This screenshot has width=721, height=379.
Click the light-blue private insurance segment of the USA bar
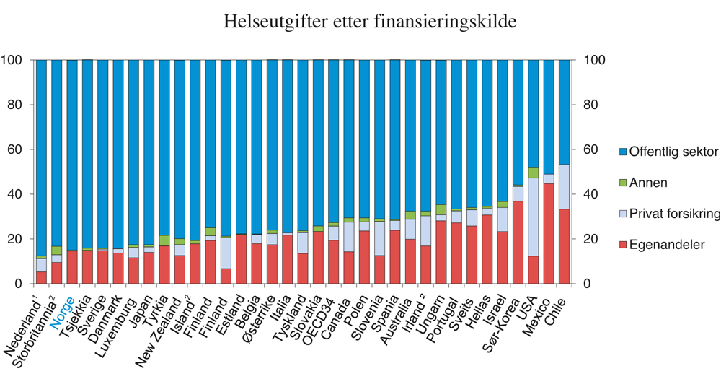[x=534, y=217]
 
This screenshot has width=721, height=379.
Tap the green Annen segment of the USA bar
[x=534, y=173]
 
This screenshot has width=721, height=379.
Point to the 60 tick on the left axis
[x=16, y=149]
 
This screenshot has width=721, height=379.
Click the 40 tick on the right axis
[x=590, y=194]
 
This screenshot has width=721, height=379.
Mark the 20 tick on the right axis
[x=590, y=239]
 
